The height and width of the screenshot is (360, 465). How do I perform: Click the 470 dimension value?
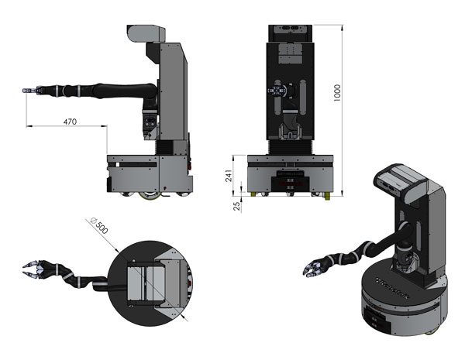tap(70, 121)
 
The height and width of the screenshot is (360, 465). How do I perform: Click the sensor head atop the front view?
tap(291, 31)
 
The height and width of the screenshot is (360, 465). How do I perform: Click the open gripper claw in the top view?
tap(34, 269)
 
